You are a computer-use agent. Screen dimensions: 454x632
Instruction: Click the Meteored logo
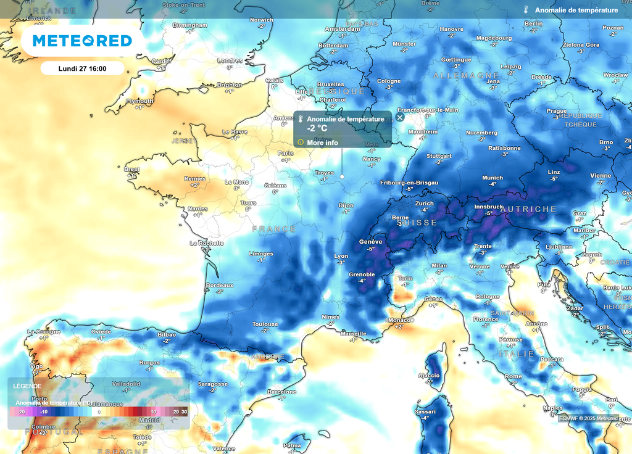tap(82, 41)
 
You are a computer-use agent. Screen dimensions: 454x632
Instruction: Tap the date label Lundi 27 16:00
tap(82, 68)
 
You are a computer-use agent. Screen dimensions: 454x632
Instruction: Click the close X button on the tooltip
tap(400, 117)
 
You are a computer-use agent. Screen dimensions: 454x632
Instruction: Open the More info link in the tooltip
tap(323, 142)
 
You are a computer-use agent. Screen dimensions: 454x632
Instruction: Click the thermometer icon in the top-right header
tap(526, 10)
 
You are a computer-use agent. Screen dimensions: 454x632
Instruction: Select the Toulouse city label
tap(265, 324)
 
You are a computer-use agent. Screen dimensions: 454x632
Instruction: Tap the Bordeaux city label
tap(220, 285)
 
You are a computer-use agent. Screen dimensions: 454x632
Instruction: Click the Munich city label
tap(493, 178)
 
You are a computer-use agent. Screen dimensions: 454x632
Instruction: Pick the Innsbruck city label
tap(488, 207)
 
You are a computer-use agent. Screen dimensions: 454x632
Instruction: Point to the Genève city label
tap(370, 242)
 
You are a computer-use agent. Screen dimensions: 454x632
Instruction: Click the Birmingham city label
tap(190, 25)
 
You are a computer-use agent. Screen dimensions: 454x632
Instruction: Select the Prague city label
tap(556, 111)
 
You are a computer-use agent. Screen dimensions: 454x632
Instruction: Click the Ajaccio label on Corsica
tap(429, 375)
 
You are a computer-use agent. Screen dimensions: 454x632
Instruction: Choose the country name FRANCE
tap(274, 229)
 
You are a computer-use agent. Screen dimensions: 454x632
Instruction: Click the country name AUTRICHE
tap(528, 209)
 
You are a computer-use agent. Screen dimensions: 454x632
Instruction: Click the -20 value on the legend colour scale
tap(21, 411)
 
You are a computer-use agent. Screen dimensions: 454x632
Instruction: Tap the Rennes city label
tap(195, 178)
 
